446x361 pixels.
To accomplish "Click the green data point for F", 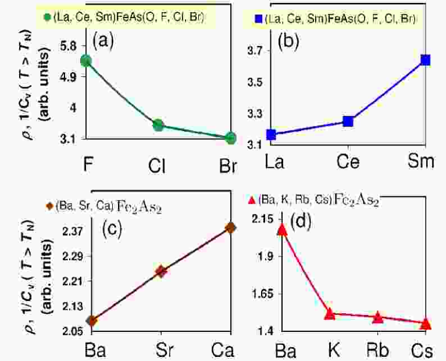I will (85, 61).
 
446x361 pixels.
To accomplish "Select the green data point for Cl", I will (158, 125).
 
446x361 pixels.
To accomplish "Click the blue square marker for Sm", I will (425, 60).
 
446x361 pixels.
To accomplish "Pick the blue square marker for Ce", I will (348, 121).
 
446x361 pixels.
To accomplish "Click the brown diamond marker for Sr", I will (160, 271).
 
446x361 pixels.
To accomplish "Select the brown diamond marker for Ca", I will (230, 227).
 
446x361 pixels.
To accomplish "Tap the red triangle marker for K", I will (330, 314).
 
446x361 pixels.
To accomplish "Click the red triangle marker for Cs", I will (425, 323).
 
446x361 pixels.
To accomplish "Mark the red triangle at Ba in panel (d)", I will (282, 229).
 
